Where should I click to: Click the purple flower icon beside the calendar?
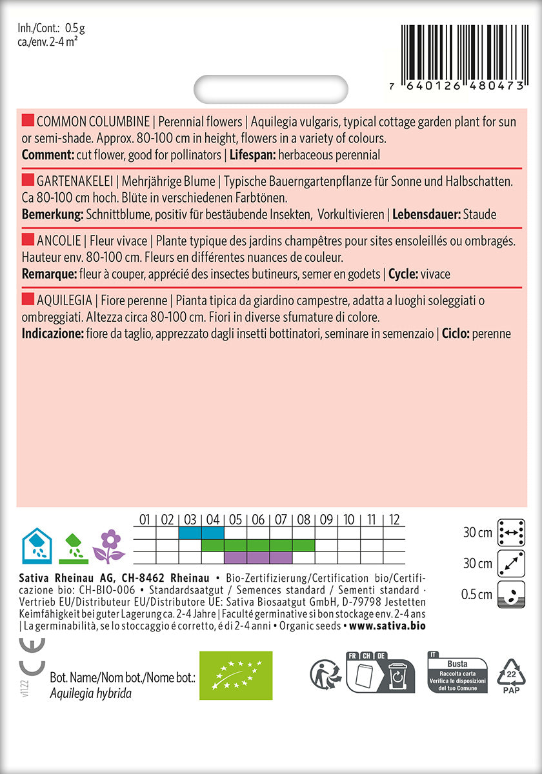pyautogui.click(x=109, y=546)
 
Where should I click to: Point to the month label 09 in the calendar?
pyautogui.click(x=326, y=519)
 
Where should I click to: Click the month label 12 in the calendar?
pyautogui.click(x=394, y=519)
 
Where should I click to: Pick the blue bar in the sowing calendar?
pyautogui.click(x=201, y=533)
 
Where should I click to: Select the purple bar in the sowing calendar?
pyautogui.click(x=258, y=557)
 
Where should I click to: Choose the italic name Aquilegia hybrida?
pyautogui.click(x=90, y=693)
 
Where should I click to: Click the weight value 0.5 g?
pyautogui.click(x=75, y=28)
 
